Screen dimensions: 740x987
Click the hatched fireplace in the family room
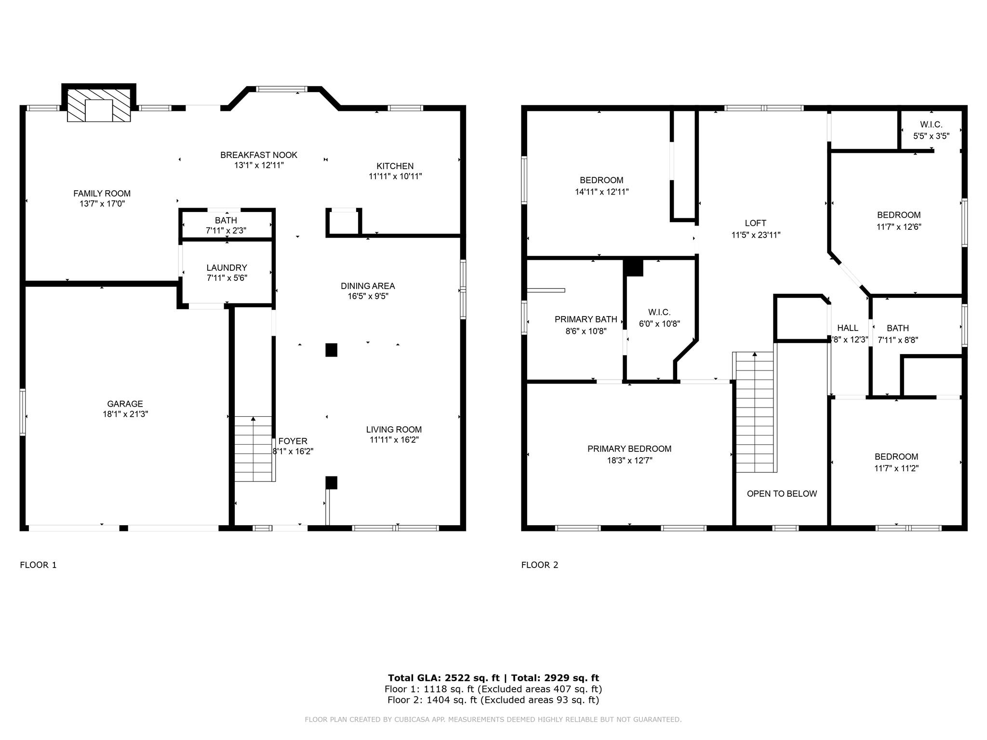(99, 105)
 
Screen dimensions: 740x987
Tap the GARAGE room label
(125, 404)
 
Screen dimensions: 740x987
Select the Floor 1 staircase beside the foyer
(253, 449)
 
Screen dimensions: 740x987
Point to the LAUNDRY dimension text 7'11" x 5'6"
(227, 278)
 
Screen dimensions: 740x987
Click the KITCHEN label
(395, 166)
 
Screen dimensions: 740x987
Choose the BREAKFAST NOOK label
(259, 155)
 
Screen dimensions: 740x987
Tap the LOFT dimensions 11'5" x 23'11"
(755, 235)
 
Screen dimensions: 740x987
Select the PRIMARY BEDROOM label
(629, 449)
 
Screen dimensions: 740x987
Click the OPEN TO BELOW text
(782, 494)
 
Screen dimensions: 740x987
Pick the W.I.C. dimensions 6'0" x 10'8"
(659, 324)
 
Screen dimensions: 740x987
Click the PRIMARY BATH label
(586, 319)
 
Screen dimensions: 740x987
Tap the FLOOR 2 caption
(539, 565)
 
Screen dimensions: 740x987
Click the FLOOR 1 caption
(38, 565)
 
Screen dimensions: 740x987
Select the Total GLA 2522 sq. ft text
(443, 678)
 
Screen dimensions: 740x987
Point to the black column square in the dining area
(331, 350)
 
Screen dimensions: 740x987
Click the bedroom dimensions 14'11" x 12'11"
(601, 192)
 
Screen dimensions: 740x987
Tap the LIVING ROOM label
(394, 430)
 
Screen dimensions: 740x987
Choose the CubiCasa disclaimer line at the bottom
(493, 720)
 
